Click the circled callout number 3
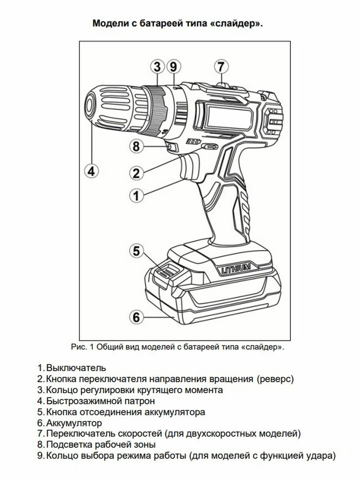(x=158, y=66)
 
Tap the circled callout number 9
(x=173, y=66)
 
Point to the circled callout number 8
(x=136, y=146)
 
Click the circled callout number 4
(x=91, y=172)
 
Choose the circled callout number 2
(x=136, y=173)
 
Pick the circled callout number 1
(x=136, y=196)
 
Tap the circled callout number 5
(x=136, y=252)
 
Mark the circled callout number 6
(x=136, y=318)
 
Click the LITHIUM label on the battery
(x=236, y=268)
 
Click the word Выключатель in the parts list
(x=76, y=367)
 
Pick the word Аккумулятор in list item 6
(x=74, y=422)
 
